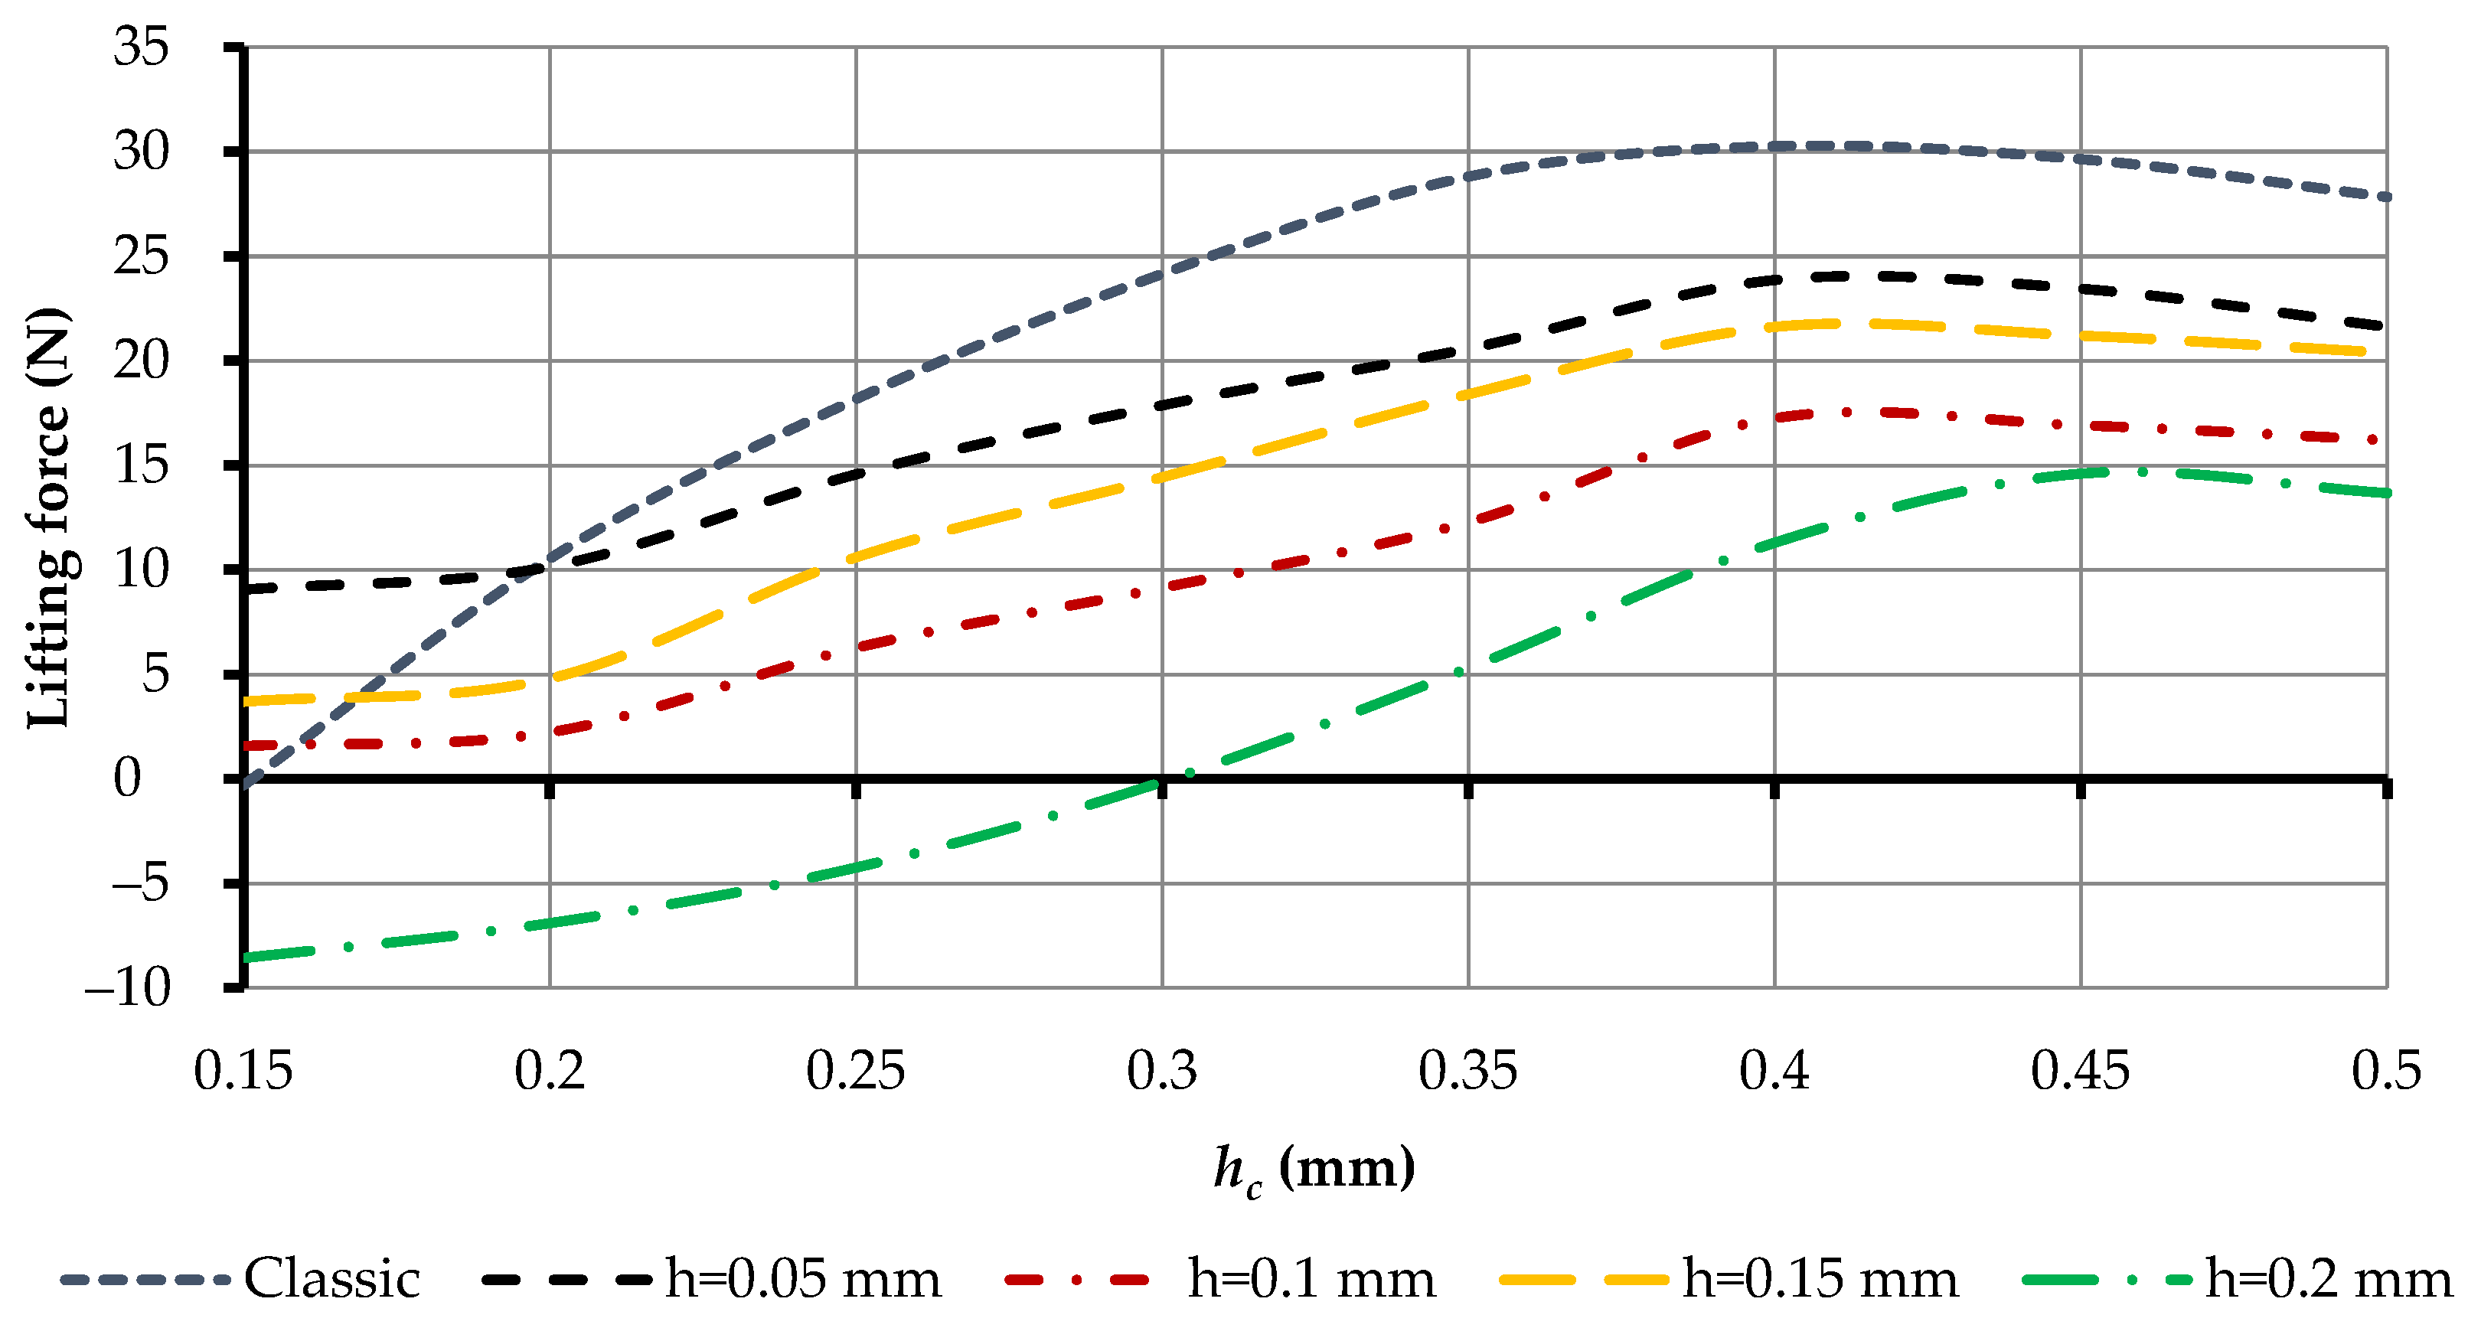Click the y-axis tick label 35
[x=141, y=46]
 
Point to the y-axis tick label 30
[x=141, y=152]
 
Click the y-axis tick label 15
[x=141, y=465]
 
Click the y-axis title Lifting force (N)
[x=48, y=517]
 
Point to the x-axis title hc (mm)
[x=1314, y=1169]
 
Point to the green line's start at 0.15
[x=245, y=956]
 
